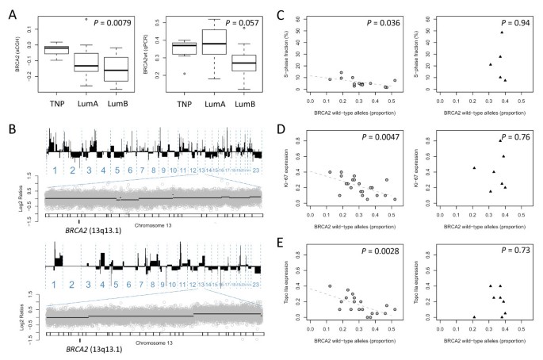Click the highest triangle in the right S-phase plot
(x=502, y=33)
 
